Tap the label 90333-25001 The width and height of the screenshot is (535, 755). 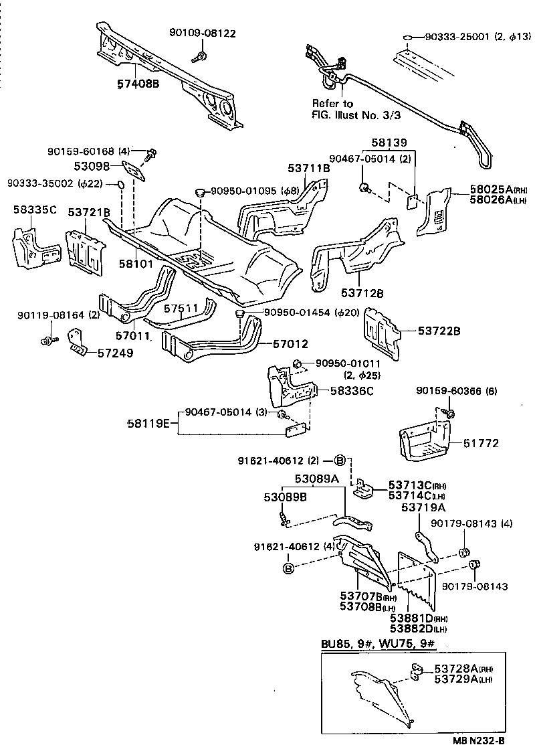click(x=457, y=38)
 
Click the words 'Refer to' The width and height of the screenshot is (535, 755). click(x=332, y=104)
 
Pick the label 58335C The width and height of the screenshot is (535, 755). click(x=34, y=210)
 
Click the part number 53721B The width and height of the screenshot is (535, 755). click(x=89, y=212)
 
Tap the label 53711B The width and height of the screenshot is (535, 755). click(x=309, y=169)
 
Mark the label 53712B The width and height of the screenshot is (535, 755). click(x=362, y=293)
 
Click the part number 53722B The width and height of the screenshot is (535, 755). click(x=441, y=330)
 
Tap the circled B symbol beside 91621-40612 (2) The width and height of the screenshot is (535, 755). click(x=339, y=460)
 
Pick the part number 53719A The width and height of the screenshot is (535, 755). click(x=424, y=508)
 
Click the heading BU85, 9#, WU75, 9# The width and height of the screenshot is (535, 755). click(x=378, y=645)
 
